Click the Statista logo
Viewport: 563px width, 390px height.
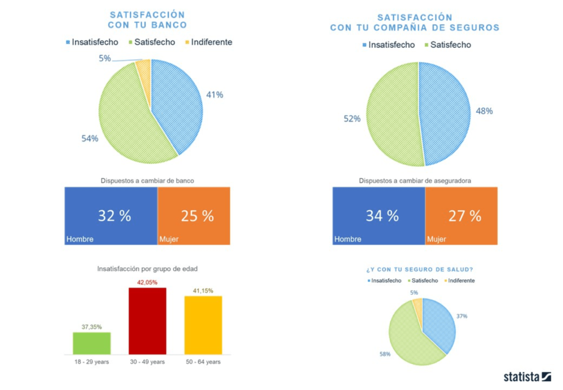[527, 377]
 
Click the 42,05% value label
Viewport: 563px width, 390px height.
[147, 282]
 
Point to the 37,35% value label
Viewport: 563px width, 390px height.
[92, 327]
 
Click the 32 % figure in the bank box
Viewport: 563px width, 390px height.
[114, 216]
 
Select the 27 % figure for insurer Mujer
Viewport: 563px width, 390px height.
[465, 216]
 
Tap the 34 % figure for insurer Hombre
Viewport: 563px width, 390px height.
[382, 216]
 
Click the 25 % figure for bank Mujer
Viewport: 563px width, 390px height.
[197, 216]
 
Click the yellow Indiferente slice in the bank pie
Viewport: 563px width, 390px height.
[143, 68]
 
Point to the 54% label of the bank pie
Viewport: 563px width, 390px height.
[90, 138]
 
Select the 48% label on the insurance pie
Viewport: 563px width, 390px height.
[484, 111]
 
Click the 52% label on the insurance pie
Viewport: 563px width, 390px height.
[352, 118]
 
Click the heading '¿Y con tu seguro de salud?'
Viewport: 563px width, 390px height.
[421, 270]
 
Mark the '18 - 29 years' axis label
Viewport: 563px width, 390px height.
[92, 361]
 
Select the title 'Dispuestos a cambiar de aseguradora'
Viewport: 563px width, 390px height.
[415, 180]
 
